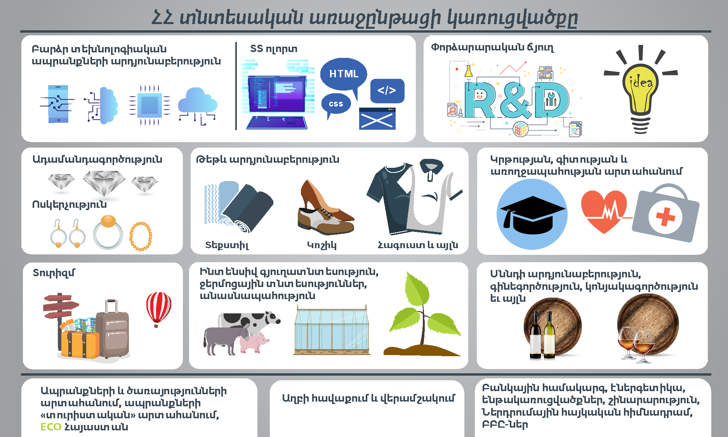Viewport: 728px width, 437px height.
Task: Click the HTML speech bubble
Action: pos(344,75)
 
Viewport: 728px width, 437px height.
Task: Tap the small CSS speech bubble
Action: pos(336,104)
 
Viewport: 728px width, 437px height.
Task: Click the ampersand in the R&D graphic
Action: pos(515,100)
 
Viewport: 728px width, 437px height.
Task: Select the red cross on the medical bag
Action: pos(665,217)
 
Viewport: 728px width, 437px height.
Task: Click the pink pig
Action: pos(254,342)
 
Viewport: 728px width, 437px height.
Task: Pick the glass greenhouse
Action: pos(332,331)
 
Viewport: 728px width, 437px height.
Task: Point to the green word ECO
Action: pos(51,427)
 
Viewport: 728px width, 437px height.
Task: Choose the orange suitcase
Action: pos(80,344)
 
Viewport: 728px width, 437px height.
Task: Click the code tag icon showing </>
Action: pos(387,91)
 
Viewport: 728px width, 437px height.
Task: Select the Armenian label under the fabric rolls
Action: pos(227,245)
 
